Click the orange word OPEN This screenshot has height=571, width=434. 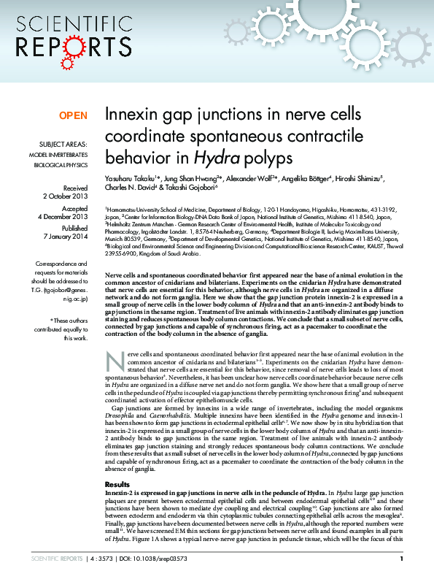[73, 116]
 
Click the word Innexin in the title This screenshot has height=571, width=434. [132, 115]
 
